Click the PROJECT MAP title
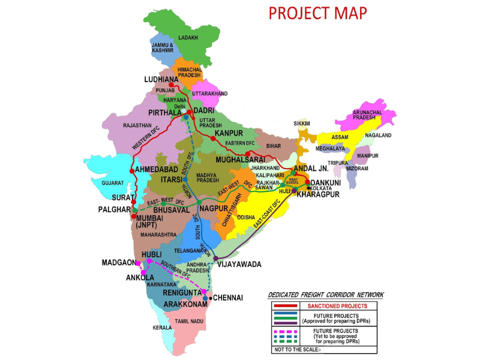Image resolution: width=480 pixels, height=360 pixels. click(x=317, y=13)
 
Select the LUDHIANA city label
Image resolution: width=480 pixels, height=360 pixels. click(x=161, y=79)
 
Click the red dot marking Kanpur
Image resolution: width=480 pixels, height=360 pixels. click(x=212, y=137)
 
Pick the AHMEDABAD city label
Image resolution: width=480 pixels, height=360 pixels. click(x=160, y=170)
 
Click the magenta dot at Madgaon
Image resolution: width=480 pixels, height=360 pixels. click(x=138, y=263)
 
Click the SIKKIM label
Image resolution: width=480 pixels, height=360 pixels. click(x=301, y=123)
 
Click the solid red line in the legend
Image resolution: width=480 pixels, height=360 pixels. click(x=284, y=305)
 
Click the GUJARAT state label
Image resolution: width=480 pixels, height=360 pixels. click(x=112, y=182)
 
